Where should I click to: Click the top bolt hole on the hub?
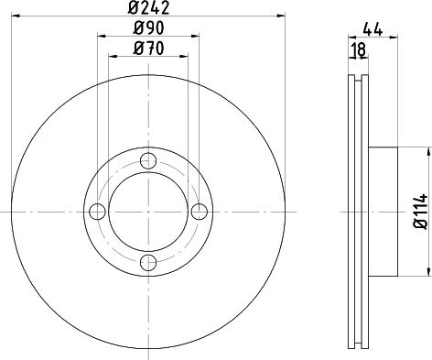pyautogui.click(x=148, y=160)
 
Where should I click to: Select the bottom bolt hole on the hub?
pyautogui.click(x=148, y=264)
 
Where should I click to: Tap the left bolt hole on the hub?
pyautogui.click(x=97, y=212)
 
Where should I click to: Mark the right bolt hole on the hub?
pyautogui.click(x=200, y=212)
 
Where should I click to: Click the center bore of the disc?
pyautogui.click(x=148, y=212)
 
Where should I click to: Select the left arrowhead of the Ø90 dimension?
pyautogui.click(x=100, y=38)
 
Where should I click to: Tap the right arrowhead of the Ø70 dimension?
pyautogui.click(x=185, y=57)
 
